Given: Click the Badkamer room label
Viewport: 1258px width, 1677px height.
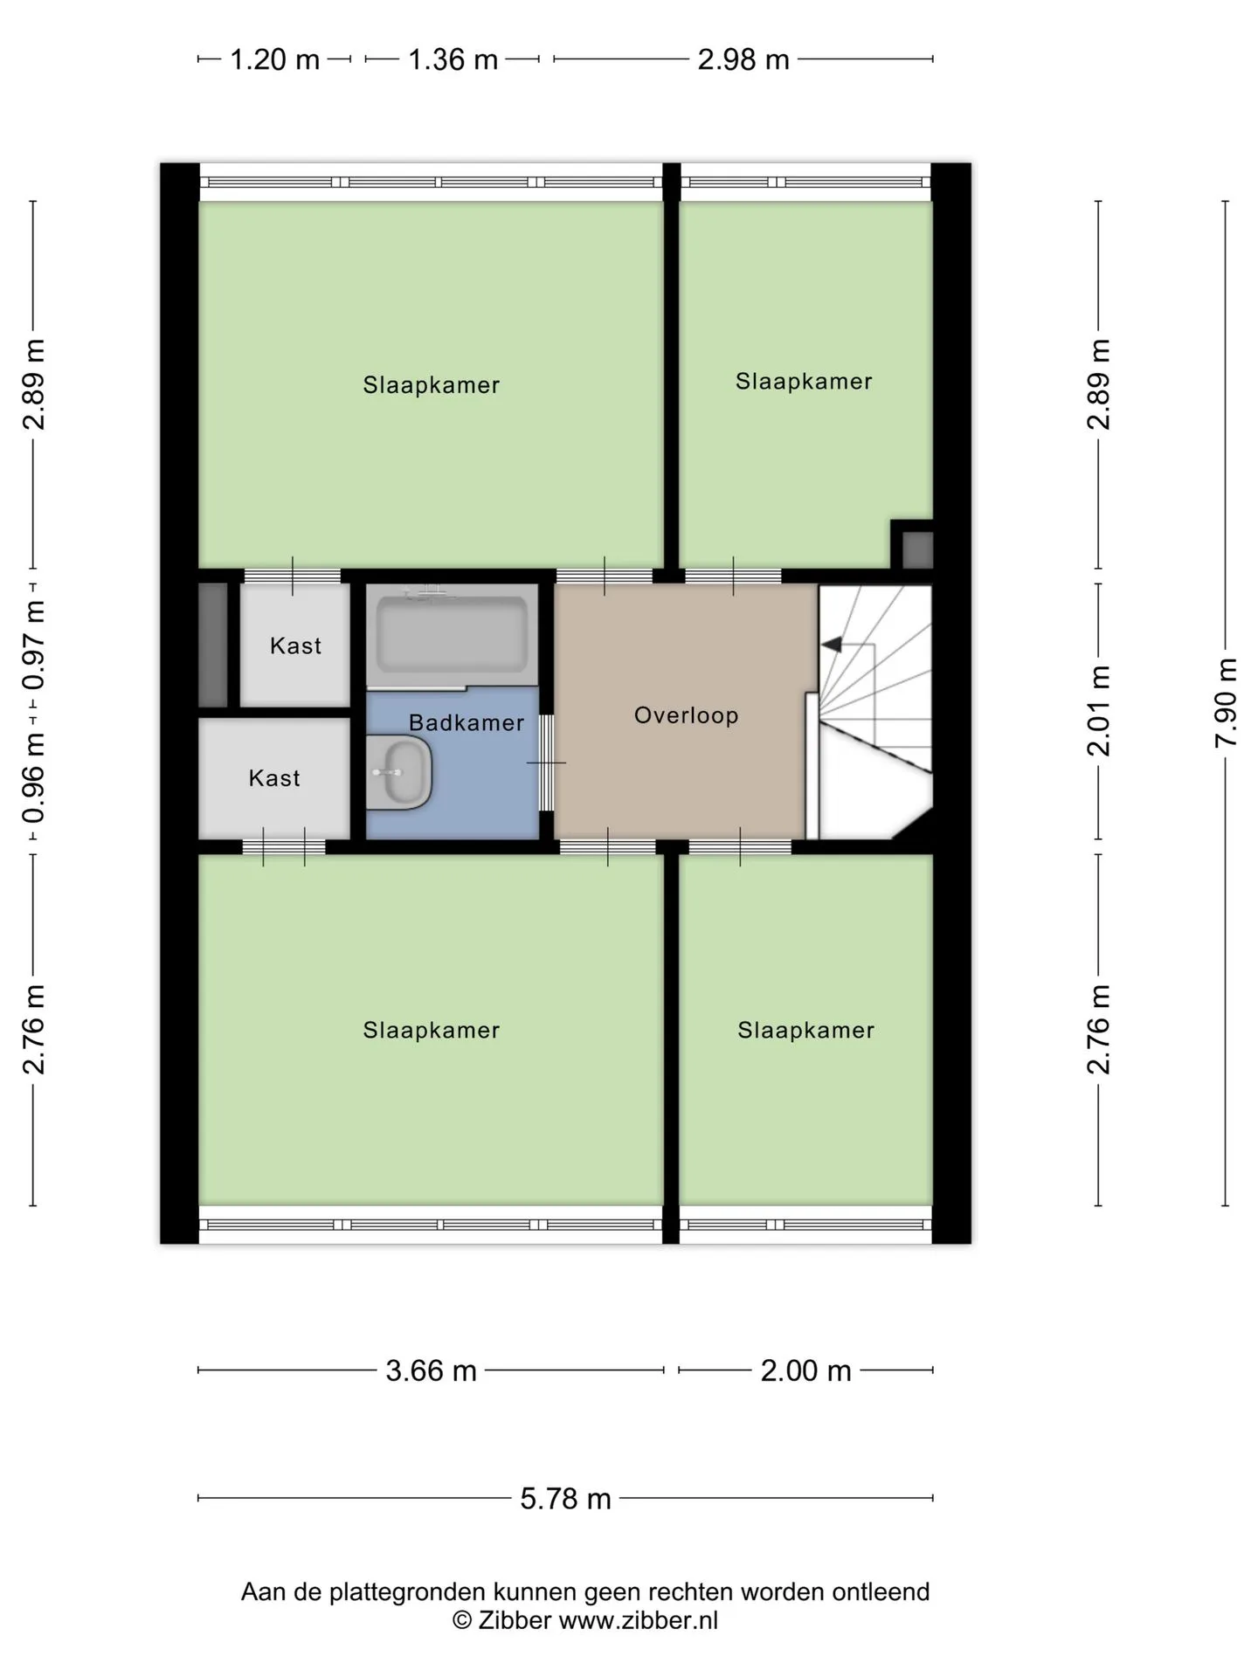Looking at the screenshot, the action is [x=467, y=722].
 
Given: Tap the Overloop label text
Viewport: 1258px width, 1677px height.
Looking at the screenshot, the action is [x=687, y=715].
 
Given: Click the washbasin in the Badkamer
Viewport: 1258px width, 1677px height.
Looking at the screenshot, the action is [x=400, y=772].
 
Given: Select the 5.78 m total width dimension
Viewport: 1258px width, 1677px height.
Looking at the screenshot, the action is [x=566, y=1499].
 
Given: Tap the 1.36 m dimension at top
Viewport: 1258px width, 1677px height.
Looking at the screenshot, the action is [x=453, y=59].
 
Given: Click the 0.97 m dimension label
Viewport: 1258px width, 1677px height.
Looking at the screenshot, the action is [x=34, y=645].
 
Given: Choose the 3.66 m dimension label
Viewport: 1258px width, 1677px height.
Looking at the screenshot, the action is [x=432, y=1370].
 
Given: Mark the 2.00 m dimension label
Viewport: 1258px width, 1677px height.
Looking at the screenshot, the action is [x=806, y=1370].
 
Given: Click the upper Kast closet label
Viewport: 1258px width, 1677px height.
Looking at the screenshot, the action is [x=296, y=645].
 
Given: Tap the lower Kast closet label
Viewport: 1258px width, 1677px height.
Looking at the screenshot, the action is [x=274, y=778].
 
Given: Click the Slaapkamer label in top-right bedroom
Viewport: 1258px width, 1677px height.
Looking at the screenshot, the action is [x=804, y=382].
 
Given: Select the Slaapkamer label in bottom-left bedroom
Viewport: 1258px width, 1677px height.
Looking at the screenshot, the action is [x=432, y=1031].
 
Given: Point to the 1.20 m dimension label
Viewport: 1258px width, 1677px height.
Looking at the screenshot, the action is [x=274, y=59].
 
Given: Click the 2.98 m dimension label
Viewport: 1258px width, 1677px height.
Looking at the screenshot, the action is [x=743, y=59].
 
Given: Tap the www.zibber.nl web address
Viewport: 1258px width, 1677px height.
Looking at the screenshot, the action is [x=639, y=1620].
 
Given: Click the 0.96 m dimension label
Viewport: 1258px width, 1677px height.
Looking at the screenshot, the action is [x=34, y=779].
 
